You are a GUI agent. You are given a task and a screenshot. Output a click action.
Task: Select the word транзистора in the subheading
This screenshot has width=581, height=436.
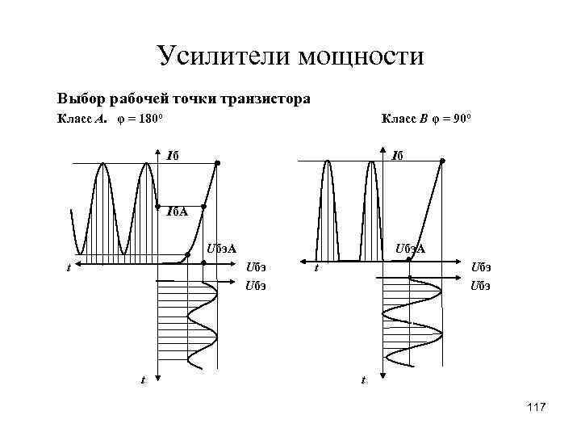click(x=264, y=99)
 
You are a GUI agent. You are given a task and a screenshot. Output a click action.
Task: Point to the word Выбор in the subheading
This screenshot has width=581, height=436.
click(x=80, y=99)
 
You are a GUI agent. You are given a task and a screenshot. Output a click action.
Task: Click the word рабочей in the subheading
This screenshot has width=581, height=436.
click(x=137, y=99)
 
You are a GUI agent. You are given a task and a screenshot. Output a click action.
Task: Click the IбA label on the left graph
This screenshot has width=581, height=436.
click(x=176, y=212)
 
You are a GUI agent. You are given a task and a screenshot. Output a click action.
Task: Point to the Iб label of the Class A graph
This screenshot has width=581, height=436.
click(x=172, y=156)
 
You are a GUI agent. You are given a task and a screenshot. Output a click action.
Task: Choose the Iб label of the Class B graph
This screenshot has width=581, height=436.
click(x=398, y=156)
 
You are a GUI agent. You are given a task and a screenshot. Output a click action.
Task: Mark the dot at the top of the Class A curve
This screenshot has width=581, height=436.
click(x=217, y=163)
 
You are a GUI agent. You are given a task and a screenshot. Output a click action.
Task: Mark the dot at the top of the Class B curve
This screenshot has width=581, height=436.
click(x=442, y=161)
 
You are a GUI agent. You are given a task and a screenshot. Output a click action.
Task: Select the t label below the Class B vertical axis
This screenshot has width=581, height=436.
click(x=362, y=379)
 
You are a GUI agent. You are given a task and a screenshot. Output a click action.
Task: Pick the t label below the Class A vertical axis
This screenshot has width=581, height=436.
click(x=142, y=379)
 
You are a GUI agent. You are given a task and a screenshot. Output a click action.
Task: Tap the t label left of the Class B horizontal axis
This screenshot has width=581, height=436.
click(x=316, y=267)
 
